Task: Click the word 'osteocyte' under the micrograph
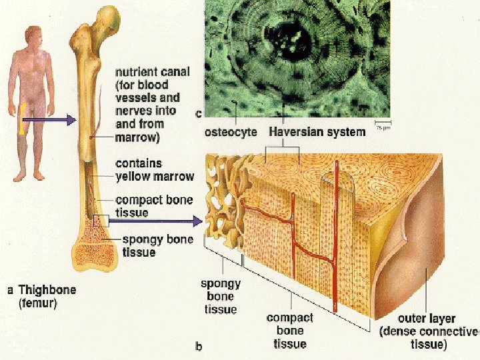pyautogui.click(x=230, y=132)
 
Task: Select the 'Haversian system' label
pyautogui.click(x=317, y=132)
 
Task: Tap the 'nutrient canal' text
pyautogui.click(x=152, y=72)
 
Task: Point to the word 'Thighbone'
pyautogui.click(x=47, y=290)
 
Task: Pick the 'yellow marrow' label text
pyautogui.click(x=155, y=177)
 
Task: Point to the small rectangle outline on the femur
pyautogui.click(x=100, y=222)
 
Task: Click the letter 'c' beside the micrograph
pyautogui.click(x=198, y=114)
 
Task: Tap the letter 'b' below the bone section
pyautogui.click(x=198, y=346)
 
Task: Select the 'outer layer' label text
pyautogui.click(x=427, y=319)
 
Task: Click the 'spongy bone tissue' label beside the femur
pyautogui.click(x=157, y=245)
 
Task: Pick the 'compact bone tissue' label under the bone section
pyautogui.click(x=290, y=331)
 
